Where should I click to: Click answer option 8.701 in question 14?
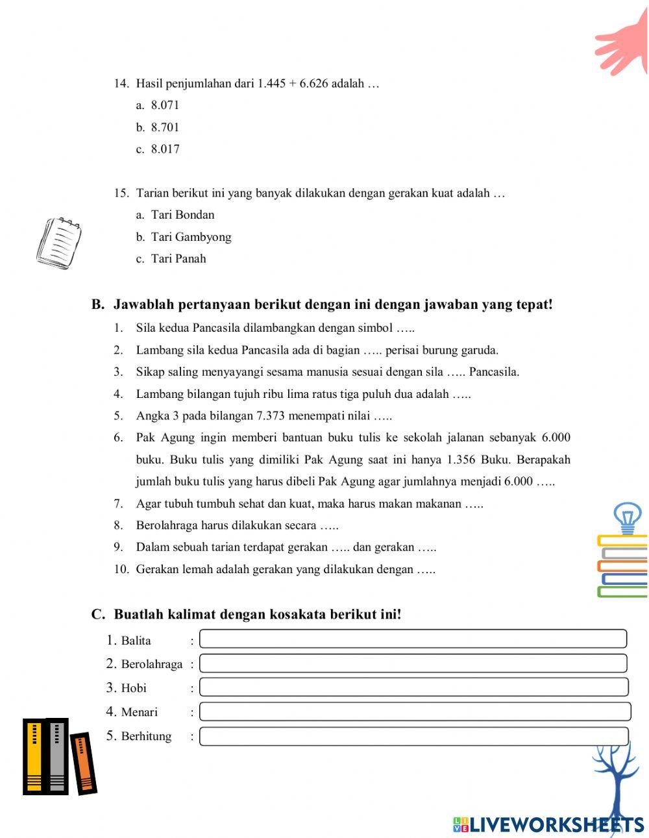pyautogui.click(x=165, y=127)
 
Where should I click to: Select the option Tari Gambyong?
pyautogui.click(x=191, y=237)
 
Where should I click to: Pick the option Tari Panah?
pyautogui.click(x=178, y=259)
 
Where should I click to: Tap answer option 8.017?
pyautogui.click(x=165, y=149)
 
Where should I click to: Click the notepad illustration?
pyautogui.click(x=59, y=243)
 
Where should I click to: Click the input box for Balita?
pyautogui.click(x=413, y=639)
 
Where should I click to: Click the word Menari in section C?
pyautogui.click(x=139, y=712)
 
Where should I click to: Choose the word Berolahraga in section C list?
pyautogui.click(x=152, y=664)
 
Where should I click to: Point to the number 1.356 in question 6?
pyautogui.click(x=462, y=460)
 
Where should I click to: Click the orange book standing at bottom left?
pyautogui.click(x=83, y=763)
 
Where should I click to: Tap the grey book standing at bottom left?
pyautogui.click(x=57, y=757)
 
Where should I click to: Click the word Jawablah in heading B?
pyautogui.click(x=144, y=304)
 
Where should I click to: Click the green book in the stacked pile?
pyautogui.click(x=622, y=592)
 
